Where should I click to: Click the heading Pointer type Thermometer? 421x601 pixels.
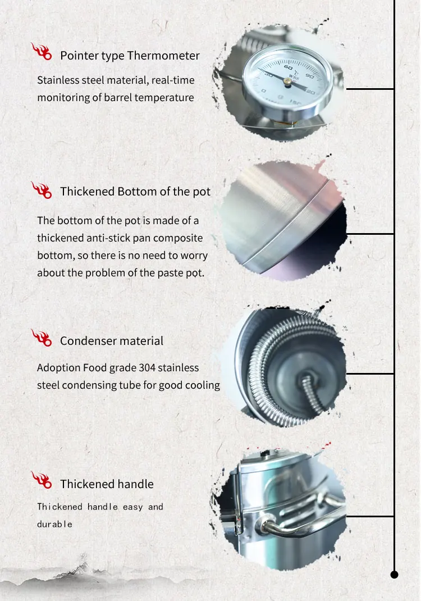130,56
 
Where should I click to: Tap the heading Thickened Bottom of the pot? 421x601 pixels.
135,192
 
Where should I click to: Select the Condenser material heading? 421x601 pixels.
112,341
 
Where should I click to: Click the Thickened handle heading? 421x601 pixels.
107,484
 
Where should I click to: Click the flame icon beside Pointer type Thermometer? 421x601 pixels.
42,51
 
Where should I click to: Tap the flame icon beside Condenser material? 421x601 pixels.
42,338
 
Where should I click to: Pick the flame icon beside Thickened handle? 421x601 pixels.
42,480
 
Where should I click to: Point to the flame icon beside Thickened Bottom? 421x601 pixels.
42,190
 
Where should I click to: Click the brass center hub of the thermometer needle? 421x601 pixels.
287,81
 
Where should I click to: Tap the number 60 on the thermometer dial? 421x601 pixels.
289,67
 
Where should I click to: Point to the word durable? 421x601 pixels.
55,525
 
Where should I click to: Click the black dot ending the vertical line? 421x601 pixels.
394,575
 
